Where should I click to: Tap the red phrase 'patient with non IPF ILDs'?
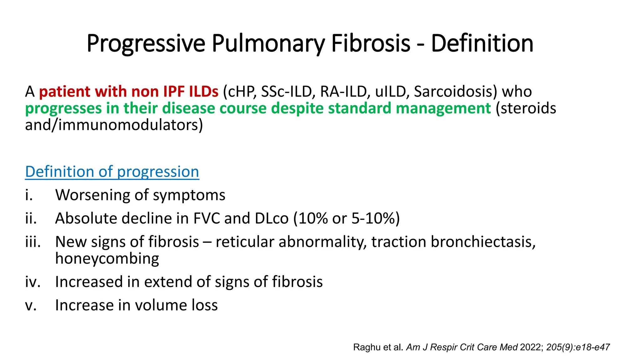tap(128, 92)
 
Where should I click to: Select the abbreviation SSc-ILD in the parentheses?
tap(286, 92)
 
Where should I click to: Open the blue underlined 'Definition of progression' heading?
tap(112, 172)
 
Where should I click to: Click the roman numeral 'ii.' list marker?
tap(31, 218)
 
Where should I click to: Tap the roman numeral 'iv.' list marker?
tap(33, 281)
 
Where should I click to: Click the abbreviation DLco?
tap(271, 218)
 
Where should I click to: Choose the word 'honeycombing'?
tap(107, 259)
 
